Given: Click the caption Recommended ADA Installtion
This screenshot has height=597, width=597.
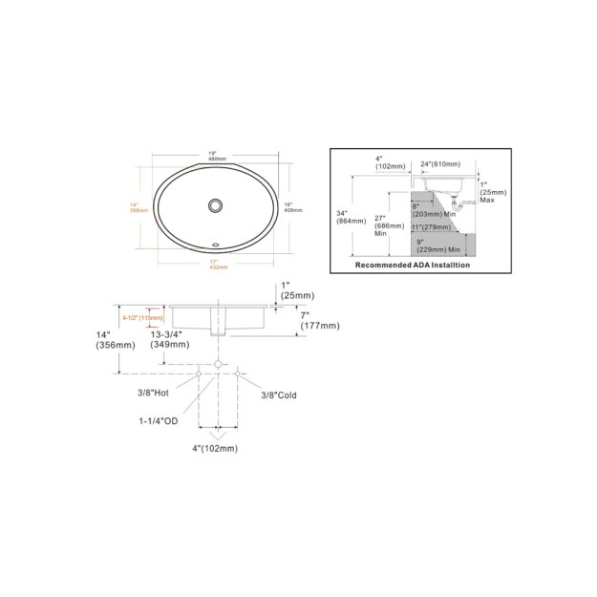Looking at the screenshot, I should (413, 266).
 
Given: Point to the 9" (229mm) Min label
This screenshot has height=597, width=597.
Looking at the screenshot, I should (441, 245).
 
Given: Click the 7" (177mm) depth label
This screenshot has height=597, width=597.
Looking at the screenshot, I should (309, 320).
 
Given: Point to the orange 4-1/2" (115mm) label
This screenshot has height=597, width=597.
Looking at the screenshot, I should (143, 317).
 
